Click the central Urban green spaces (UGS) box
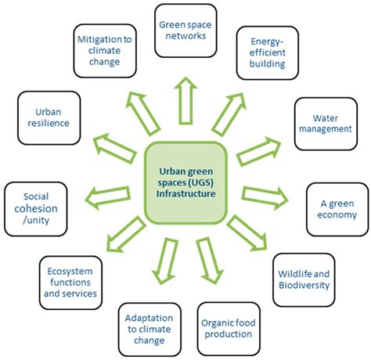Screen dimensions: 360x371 coord(185,180)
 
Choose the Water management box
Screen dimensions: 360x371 coord(322,123)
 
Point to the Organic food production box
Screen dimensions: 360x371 coord(226,327)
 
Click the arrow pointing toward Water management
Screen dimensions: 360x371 coord(258,150)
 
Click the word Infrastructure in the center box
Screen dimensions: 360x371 coord(185,193)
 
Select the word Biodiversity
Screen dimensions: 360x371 coord(304,286)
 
